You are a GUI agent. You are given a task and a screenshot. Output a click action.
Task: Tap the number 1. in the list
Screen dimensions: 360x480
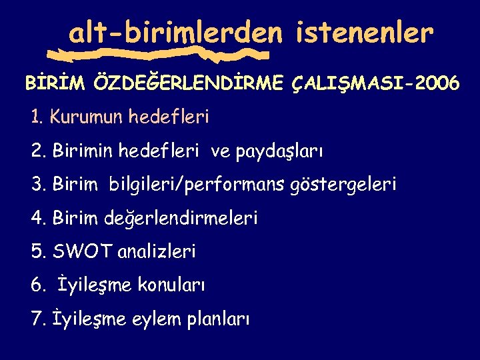(37, 117)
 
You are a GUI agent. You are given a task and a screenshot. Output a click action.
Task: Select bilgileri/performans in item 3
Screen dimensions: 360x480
(194, 185)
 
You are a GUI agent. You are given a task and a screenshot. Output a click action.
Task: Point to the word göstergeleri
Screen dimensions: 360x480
(343, 185)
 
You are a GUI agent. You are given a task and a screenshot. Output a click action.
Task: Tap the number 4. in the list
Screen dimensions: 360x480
(38, 218)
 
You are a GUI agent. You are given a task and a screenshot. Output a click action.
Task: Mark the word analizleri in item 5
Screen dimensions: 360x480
(157, 251)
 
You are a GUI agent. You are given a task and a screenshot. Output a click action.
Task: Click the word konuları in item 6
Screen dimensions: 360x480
(171, 285)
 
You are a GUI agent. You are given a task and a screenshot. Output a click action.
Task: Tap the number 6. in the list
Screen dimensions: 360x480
(38, 285)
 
